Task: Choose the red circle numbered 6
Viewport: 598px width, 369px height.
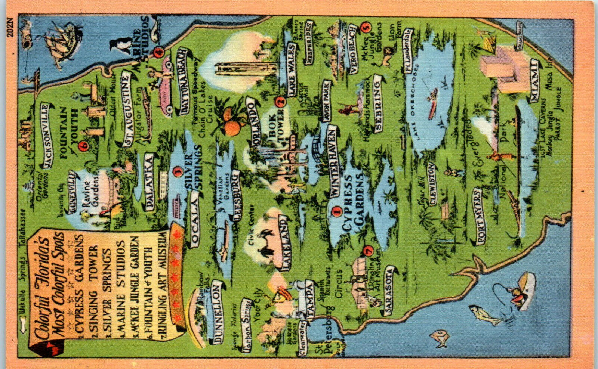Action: (83, 147)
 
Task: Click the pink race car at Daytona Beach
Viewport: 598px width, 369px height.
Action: (166, 86)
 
